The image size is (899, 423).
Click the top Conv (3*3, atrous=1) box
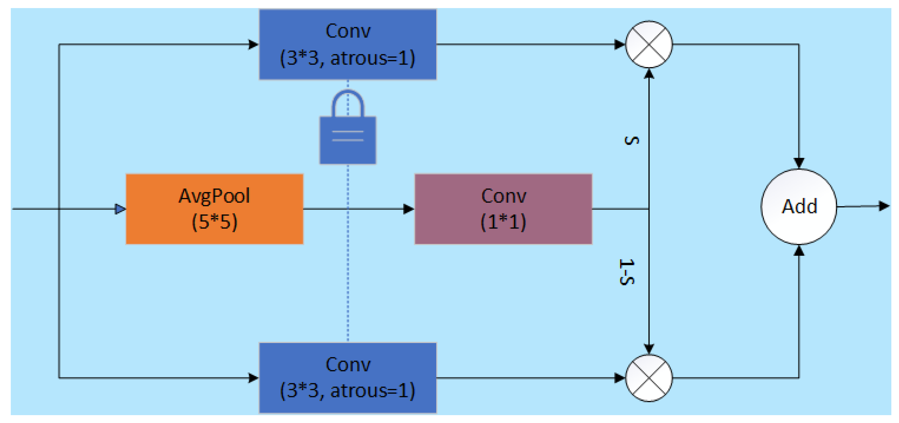point(348,44)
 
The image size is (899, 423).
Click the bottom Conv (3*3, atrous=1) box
point(348,378)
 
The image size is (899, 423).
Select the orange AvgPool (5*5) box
point(214,209)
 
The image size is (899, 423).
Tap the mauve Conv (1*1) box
point(503,209)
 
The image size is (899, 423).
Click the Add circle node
point(799,206)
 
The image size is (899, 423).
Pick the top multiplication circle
point(649,44)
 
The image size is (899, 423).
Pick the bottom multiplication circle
point(649,378)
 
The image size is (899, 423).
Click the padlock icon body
point(348,140)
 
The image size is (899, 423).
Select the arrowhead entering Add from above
point(799,163)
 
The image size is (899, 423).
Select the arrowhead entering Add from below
point(799,251)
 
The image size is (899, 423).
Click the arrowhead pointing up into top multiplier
point(649,74)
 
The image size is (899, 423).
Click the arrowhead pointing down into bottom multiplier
point(649,348)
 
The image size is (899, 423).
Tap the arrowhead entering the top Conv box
point(253,44)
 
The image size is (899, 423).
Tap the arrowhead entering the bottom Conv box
point(253,378)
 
